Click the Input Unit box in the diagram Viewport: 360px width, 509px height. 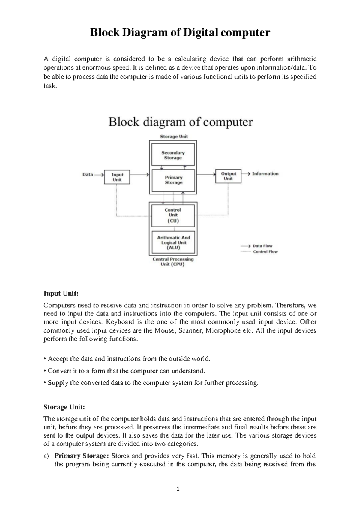(x=117, y=177)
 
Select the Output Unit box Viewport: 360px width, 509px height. (x=228, y=176)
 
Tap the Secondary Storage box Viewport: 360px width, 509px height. (x=173, y=155)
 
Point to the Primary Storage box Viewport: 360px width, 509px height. (x=173, y=180)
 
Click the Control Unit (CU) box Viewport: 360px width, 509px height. (x=173, y=215)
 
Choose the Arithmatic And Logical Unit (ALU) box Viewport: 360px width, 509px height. (x=173, y=242)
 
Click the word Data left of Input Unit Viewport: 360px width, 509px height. (x=88, y=174)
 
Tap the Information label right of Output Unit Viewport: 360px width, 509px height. (x=265, y=173)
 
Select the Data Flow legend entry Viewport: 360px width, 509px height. (x=262, y=246)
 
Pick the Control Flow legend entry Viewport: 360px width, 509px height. (x=265, y=252)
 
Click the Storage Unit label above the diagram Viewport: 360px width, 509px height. (x=174, y=137)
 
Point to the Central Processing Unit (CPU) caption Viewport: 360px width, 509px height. (x=173, y=262)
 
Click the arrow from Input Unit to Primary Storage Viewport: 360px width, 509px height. (x=139, y=174)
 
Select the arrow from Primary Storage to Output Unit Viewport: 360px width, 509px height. (x=206, y=174)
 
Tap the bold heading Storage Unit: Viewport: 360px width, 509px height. (x=64, y=407)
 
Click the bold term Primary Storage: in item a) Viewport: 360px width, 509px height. (x=81, y=456)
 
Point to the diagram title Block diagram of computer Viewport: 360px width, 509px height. (x=180, y=122)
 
